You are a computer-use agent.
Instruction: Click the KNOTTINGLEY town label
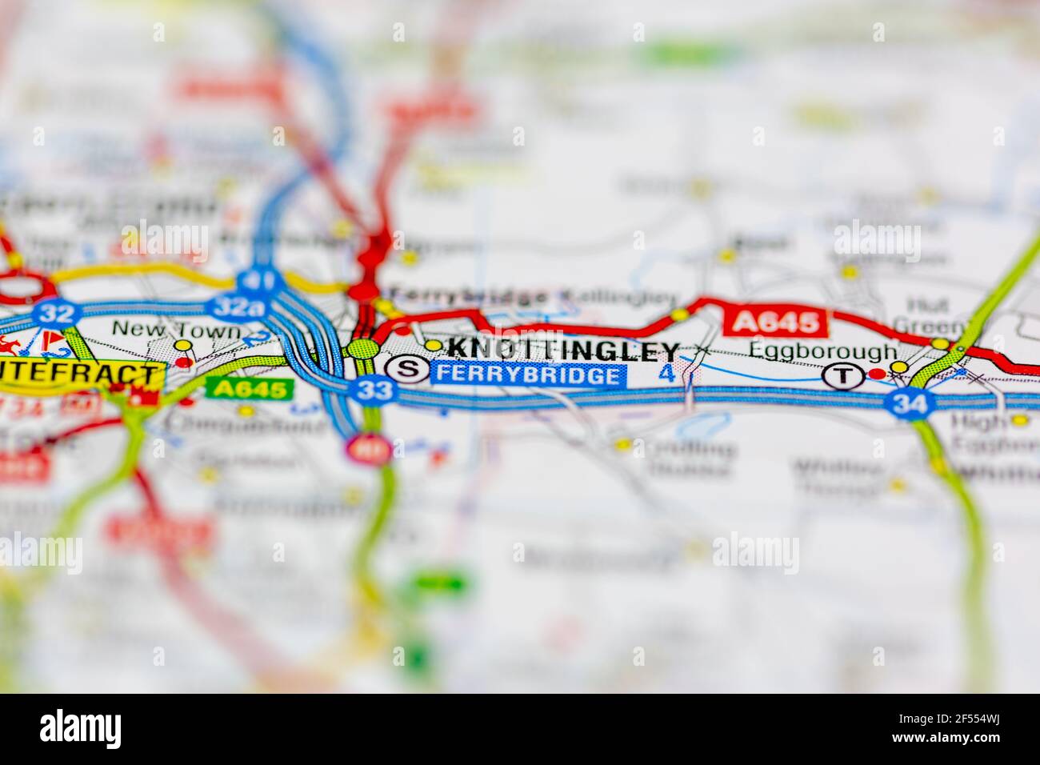(x=563, y=350)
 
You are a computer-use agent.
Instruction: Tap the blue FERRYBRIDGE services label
(x=527, y=375)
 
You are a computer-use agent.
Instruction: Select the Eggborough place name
(x=823, y=351)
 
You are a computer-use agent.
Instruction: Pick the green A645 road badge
(x=250, y=389)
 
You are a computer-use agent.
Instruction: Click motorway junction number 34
(x=910, y=403)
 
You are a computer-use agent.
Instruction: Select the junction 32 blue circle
(x=57, y=312)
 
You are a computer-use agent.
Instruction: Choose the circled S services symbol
(x=407, y=369)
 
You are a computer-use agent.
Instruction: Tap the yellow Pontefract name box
(x=80, y=375)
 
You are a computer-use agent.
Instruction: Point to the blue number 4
(x=666, y=373)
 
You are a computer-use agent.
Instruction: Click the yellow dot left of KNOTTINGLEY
(x=433, y=346)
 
